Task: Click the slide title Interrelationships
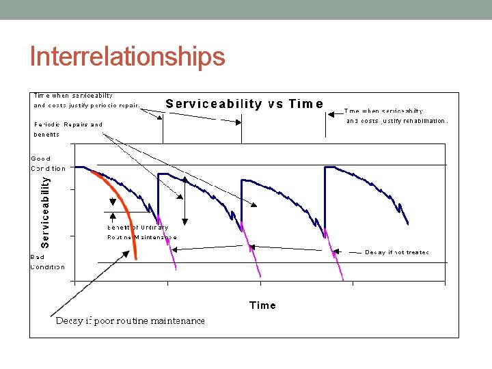[x=127, y=57]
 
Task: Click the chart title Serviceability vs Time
[x=244, y=104]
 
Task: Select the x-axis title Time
[x=262, y=305]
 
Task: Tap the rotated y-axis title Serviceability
[x=45, y=212]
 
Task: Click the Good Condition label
[x=48, y=163]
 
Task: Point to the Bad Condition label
[x=47, y=262]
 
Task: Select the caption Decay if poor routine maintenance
[x=130, y=320]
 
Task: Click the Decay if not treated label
[x=397, y=253]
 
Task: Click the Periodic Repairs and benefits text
[x=68, y=129]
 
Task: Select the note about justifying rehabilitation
[x=396, y=115]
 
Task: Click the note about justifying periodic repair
[x=86, y=100]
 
